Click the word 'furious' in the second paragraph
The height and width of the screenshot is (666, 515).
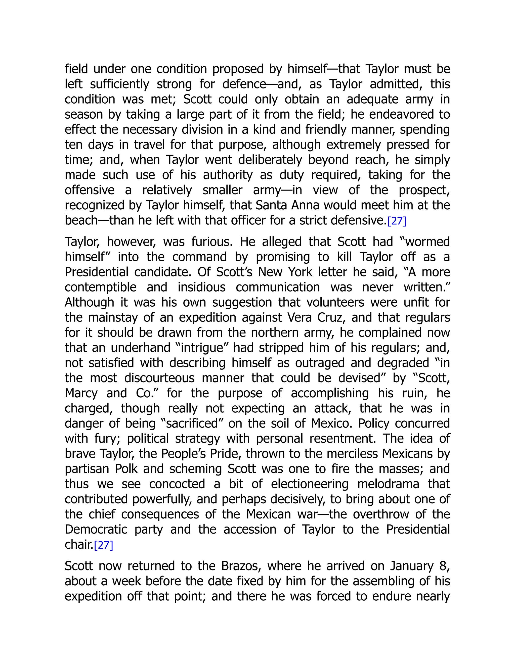coord(212,242)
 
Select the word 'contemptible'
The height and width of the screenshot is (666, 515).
coord(100,288)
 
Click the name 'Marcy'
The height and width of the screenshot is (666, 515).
coord(81,393)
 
